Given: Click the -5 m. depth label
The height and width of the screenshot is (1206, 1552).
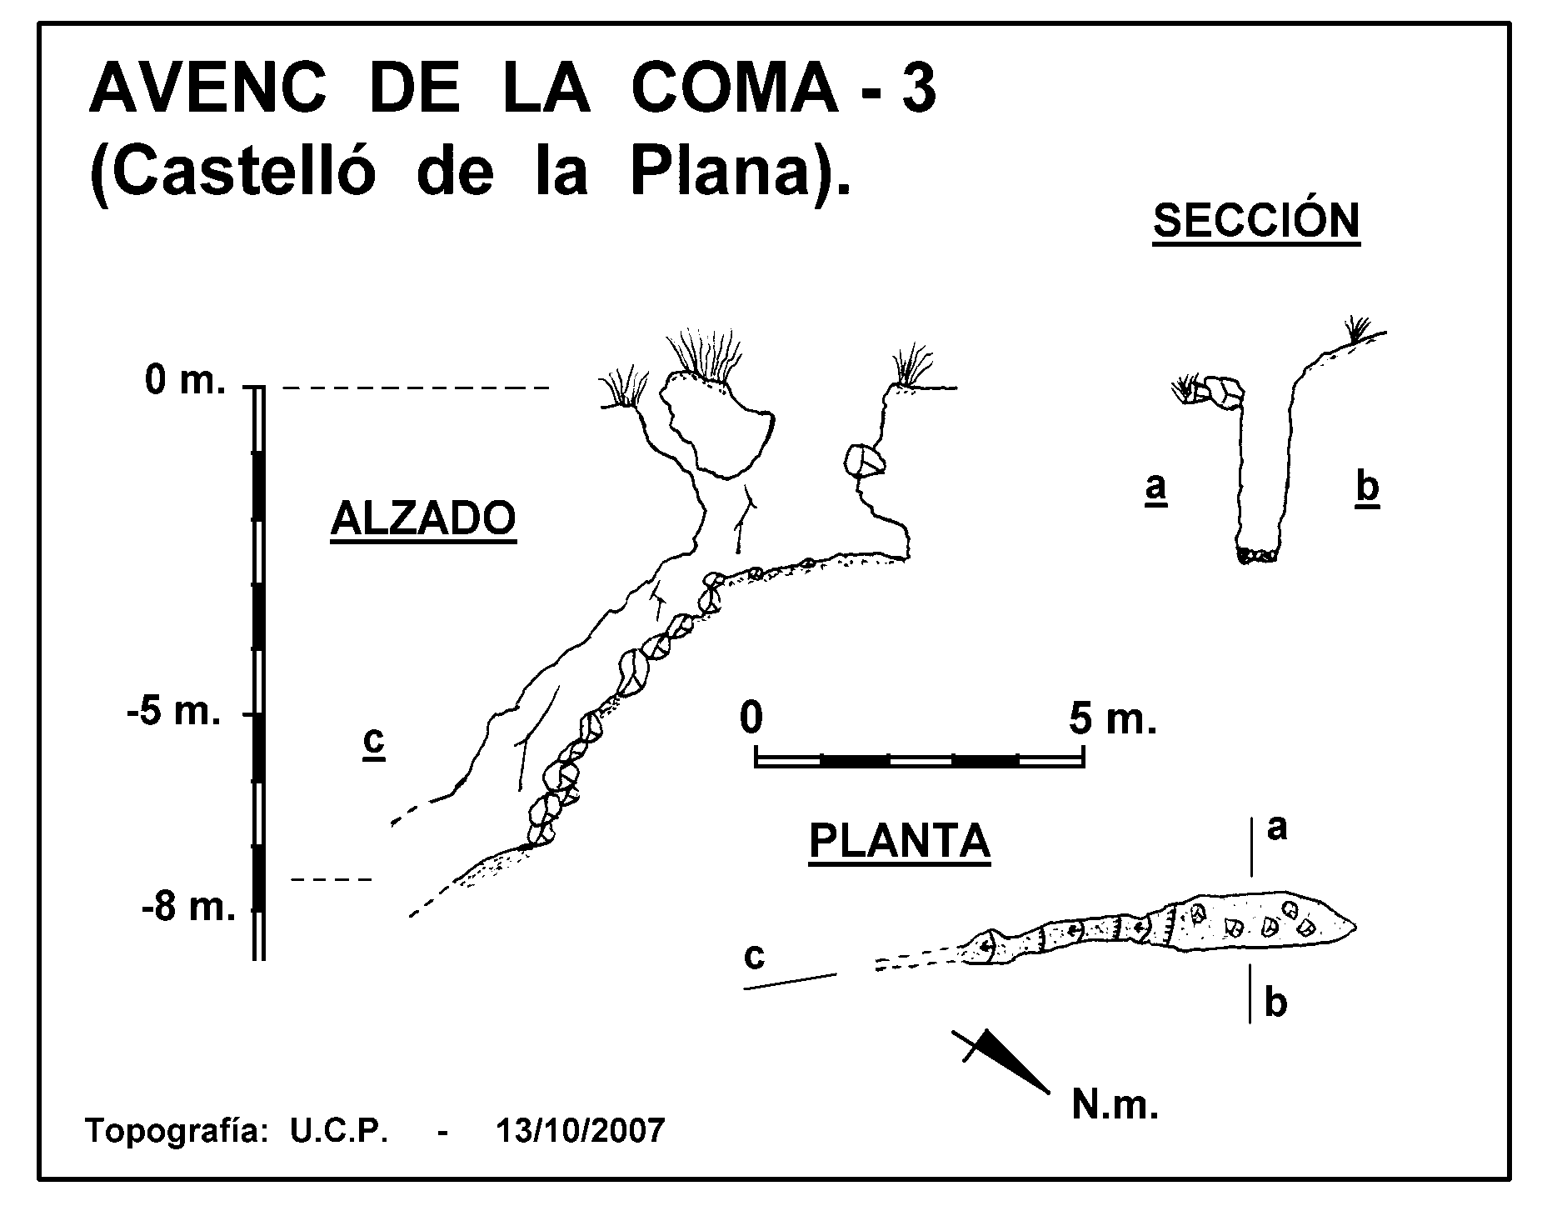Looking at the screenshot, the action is pyautogui.click(x=174, y=714).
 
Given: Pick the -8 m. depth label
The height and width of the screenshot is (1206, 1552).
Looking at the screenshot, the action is pyautogui.click(x=188, y=908).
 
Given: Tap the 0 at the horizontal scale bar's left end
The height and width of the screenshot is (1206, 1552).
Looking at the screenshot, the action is pyautogui.click(x=751, y=718).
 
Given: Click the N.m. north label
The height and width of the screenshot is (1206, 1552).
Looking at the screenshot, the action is pyautogui.click(x=1115, y=1106).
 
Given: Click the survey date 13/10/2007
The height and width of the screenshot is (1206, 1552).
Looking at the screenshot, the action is pyautogui.click(x=581, y=1131).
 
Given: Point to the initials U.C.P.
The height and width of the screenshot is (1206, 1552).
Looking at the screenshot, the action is pyautogui.click(x=340, y=1131).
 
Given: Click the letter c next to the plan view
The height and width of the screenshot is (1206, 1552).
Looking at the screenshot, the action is pyautogui.click(x=754, y=957).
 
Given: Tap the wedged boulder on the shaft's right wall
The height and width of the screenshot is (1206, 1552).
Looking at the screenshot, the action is pyautogui.click(x=863, y=460).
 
